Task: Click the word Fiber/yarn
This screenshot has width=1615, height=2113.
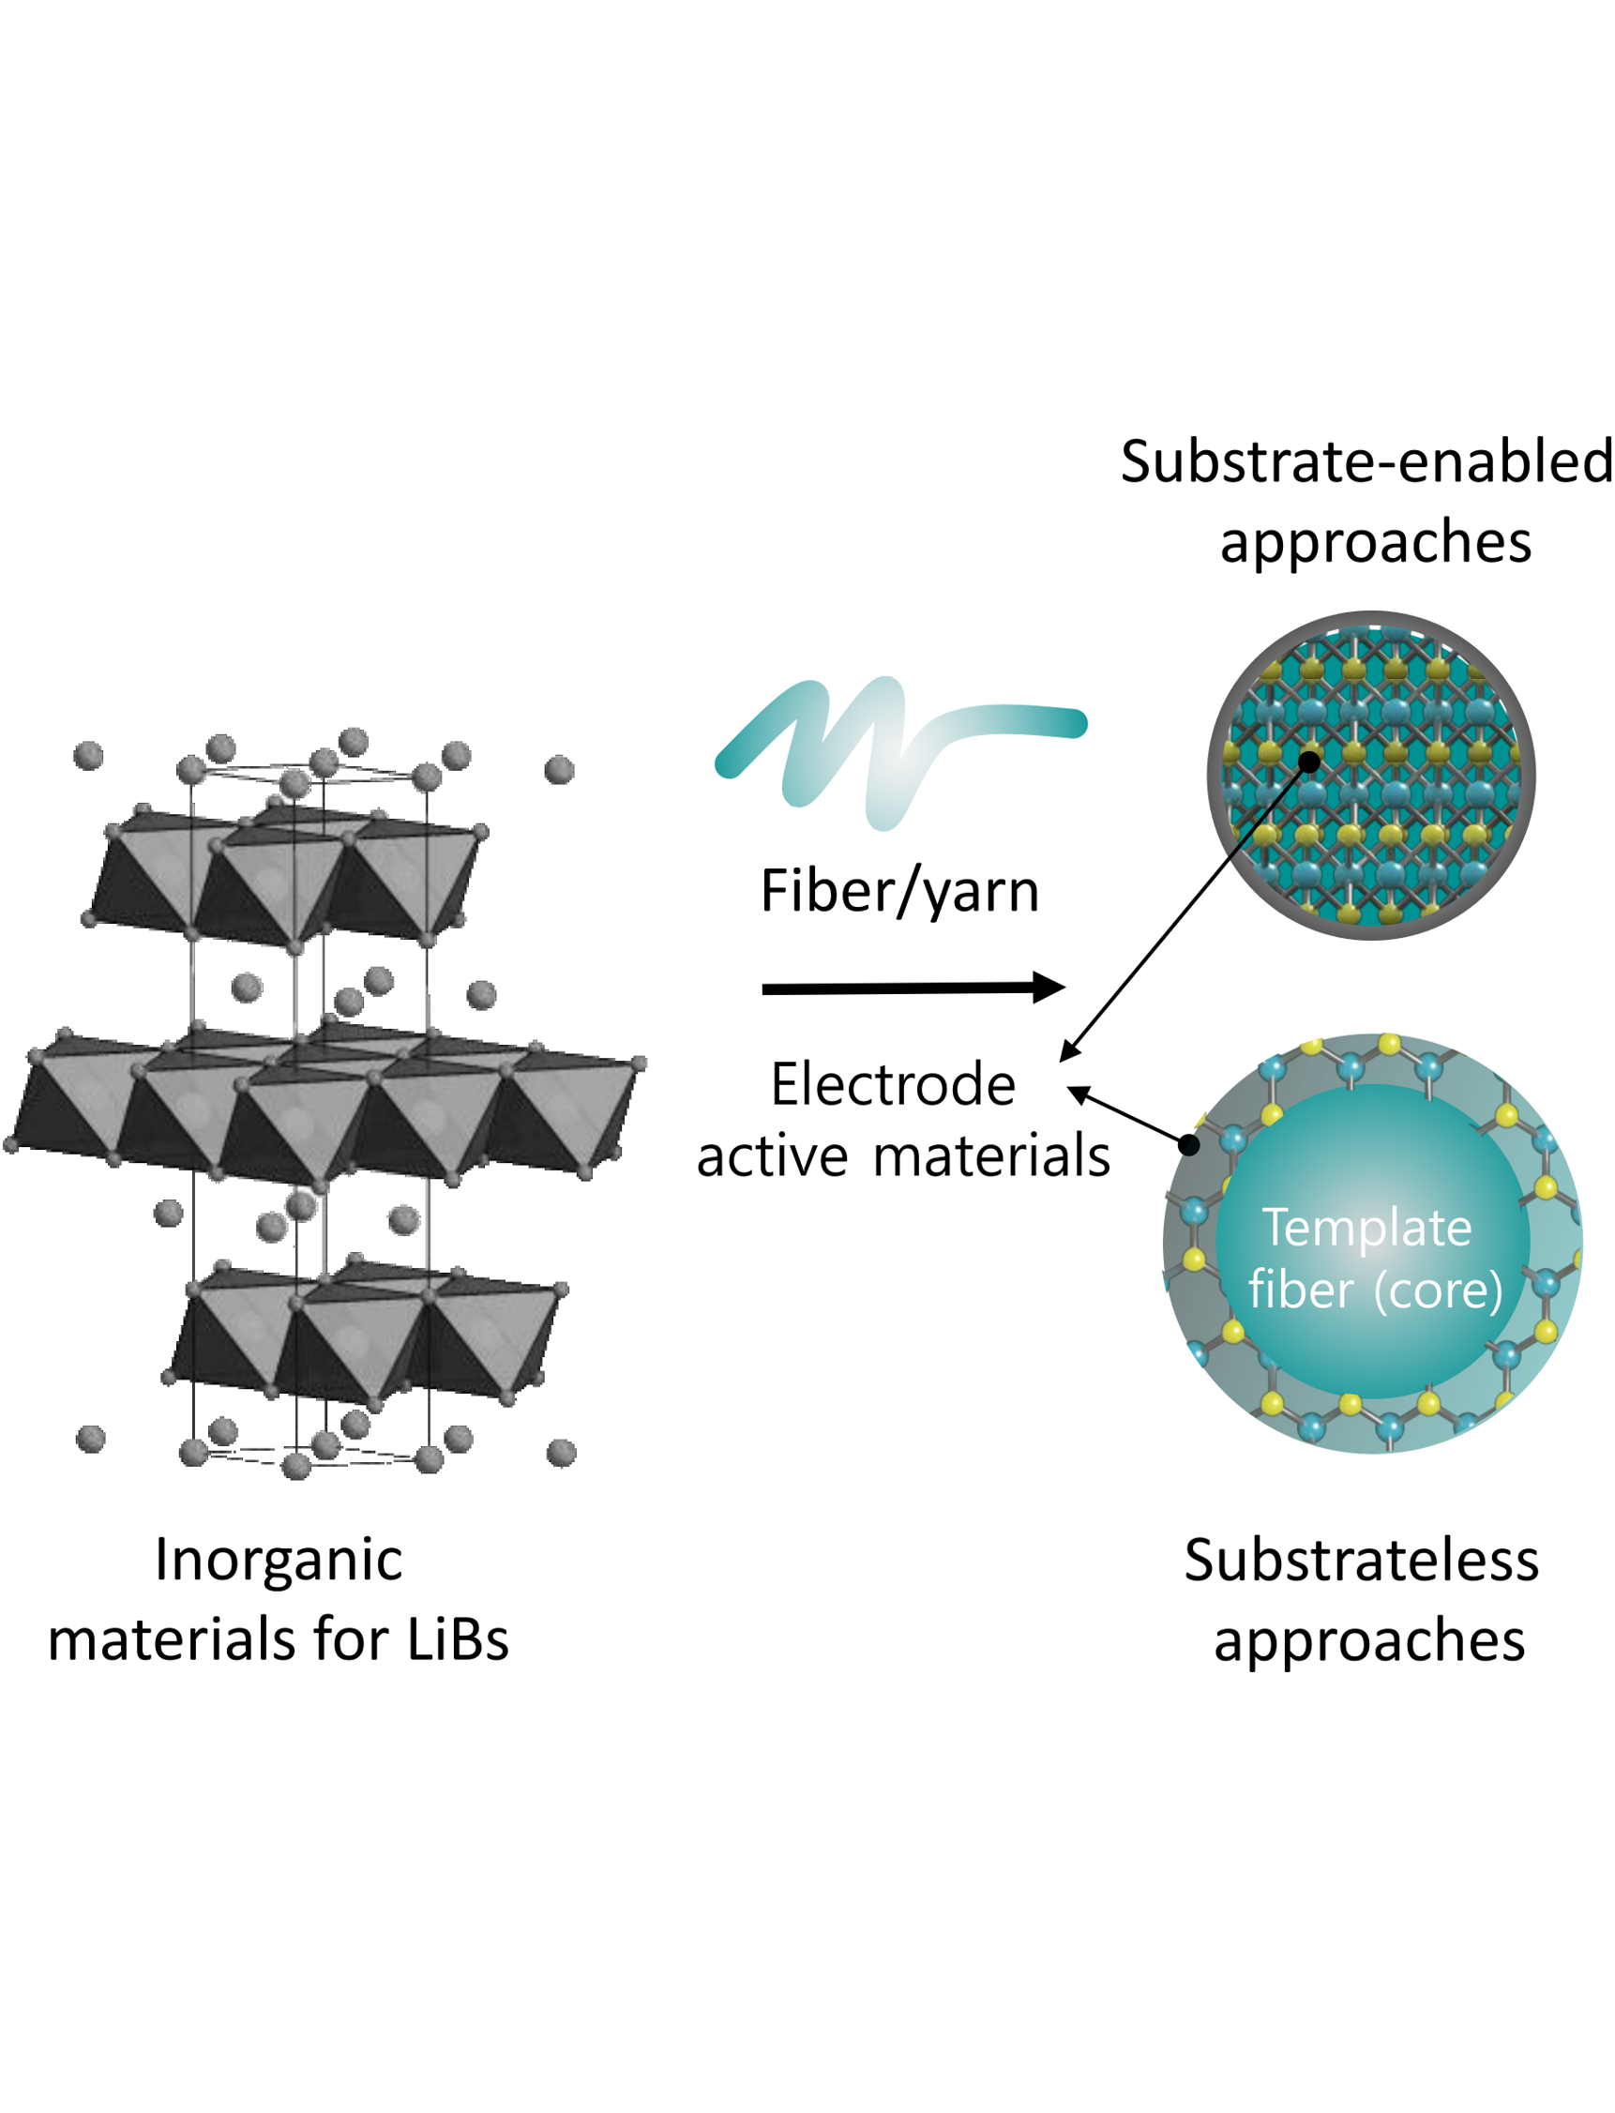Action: click(898, 891)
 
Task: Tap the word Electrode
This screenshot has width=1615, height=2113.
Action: click(893, 1085)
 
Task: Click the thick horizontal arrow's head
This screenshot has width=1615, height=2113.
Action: click(1049, 988)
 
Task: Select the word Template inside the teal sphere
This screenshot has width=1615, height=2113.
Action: click(1366, 1228)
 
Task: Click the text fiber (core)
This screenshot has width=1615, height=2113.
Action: click(1375, 1290)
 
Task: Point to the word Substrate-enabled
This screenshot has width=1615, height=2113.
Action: click(1366, 461)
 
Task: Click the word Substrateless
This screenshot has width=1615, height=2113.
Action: click(1361, 1561)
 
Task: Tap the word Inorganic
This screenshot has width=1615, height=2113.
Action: click(279, 1560)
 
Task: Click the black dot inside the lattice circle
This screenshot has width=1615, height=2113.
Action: click(1308, 762)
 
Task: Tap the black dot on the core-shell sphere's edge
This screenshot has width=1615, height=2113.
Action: click(1188, 1145)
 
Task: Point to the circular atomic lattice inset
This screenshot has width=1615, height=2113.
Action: click(1371, 775)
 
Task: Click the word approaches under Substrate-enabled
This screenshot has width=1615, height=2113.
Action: click(1375, 541)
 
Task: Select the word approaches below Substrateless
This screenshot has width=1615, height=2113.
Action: click(1369, 1640)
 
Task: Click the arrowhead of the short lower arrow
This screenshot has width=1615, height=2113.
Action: click(1079, 1093)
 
